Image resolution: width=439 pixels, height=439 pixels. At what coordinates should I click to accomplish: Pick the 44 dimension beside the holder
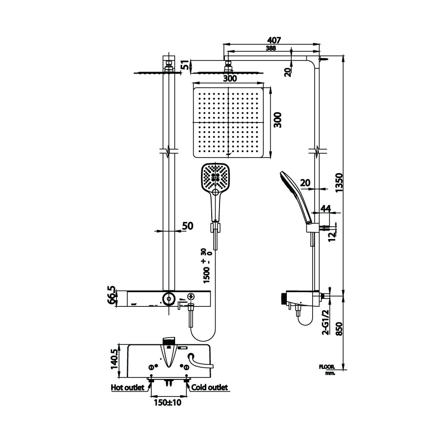325,209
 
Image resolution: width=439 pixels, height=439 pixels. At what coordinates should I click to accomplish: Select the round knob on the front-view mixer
169,298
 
